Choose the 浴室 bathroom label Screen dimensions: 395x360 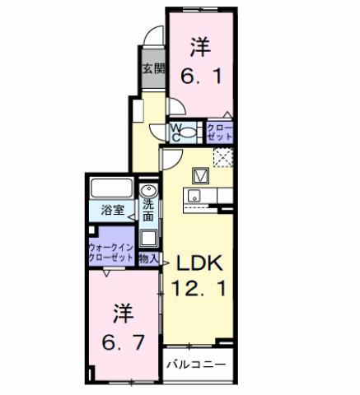[114, 210]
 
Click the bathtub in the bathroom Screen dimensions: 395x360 [113, 188]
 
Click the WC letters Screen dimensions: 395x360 [175, 132]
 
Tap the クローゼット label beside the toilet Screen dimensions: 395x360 [218, 132]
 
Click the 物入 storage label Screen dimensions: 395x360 [149, 258]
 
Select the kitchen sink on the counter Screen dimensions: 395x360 [194, 196]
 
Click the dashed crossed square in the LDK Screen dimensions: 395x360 [222, 157]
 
